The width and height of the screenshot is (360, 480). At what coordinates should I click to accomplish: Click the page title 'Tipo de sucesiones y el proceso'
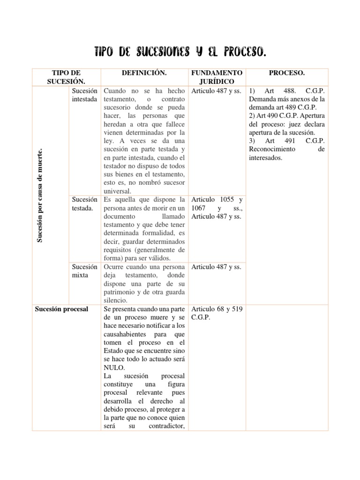coord(180,51)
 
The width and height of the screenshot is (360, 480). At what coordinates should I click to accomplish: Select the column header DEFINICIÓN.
coord(144,73)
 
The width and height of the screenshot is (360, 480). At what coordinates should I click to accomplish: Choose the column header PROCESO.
coord(287,73)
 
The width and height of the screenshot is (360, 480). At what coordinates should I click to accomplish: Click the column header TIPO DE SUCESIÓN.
coord(66,77)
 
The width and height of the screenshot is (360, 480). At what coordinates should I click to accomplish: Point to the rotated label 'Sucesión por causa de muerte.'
coord(41,195)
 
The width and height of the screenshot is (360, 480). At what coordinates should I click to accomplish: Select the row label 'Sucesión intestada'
coord(84,95)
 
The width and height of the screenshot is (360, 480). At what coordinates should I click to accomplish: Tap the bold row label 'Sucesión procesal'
coord(61,309)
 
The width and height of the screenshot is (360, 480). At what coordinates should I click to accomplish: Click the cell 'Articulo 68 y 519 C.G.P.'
coord(216,314)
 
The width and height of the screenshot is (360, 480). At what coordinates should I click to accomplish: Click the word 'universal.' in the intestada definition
coord(119,191)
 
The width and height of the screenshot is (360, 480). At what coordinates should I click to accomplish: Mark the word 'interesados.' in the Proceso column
coord(266,158)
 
